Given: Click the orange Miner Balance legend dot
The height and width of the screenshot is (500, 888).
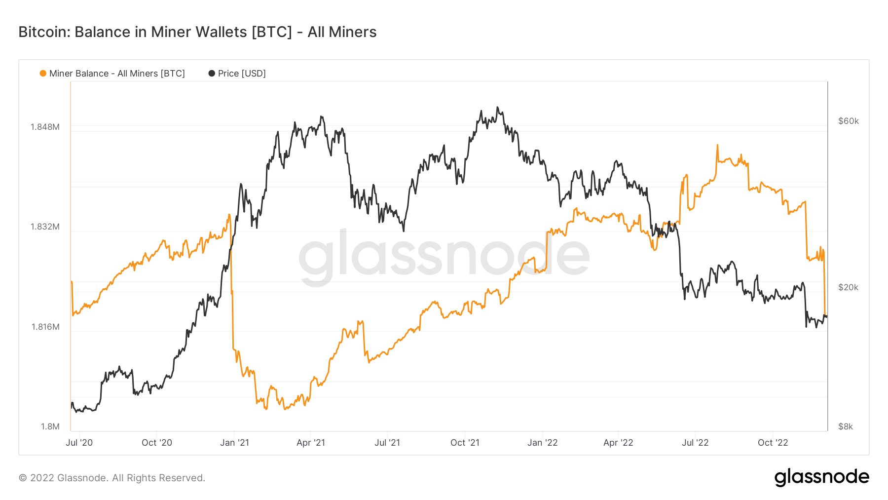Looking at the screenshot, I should point(43,74).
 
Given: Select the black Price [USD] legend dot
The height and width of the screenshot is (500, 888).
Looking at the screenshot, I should point(212,74).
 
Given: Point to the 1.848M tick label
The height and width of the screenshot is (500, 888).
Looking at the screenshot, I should point(45,127).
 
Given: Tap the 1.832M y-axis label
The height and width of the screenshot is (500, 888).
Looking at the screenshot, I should point(45,227).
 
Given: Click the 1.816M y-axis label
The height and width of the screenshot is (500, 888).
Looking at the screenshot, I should point(45,327).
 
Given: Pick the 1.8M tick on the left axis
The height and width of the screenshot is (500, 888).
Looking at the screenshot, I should point(50,426).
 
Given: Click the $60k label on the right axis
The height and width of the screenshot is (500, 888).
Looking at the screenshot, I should point(848,121).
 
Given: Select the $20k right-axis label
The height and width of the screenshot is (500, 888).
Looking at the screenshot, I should point(848,287).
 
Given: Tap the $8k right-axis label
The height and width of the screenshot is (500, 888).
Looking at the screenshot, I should point(845,426).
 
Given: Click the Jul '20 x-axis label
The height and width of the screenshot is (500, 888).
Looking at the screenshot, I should point(79,443).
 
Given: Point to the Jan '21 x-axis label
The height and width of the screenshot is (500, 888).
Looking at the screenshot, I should point(234,443).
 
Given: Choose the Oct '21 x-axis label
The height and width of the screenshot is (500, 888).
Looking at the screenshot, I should point(465,443).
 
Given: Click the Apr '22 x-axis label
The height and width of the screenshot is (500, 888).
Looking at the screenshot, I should point(618,443).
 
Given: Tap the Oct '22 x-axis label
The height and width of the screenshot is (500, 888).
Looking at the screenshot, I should point(773,443).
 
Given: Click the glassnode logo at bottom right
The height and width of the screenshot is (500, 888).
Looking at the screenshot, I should point(821,477).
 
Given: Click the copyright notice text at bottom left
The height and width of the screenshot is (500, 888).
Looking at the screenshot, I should point(112,478).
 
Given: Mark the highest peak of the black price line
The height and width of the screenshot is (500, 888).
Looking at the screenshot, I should point(497,107).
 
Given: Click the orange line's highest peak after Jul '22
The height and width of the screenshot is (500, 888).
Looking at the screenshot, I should point(717,145).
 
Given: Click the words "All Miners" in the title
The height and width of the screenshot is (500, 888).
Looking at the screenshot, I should point(342,32).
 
